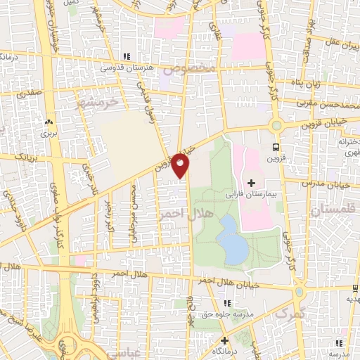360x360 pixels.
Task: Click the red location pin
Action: (181, 165)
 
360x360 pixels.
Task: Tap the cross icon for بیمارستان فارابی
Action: (252, 183)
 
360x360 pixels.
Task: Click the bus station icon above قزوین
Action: (276, 147)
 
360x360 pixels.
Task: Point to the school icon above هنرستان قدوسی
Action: (127, 56)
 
